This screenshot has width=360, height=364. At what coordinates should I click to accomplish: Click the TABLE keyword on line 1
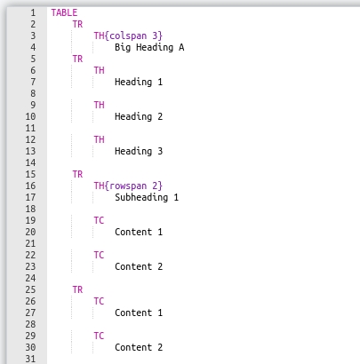64,12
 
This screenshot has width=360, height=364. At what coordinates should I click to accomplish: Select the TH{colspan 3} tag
128,36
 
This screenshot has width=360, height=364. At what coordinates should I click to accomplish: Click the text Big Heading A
149,47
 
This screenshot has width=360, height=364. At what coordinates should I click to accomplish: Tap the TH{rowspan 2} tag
128,186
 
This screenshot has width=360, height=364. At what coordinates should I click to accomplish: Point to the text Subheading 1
147,197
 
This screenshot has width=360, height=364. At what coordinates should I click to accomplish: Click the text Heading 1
139,82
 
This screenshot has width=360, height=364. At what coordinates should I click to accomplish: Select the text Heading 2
139,116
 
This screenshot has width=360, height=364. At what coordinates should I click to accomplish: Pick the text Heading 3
139,151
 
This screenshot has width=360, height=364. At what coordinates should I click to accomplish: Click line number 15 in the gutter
30,174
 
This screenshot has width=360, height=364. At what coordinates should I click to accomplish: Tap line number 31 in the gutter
30,359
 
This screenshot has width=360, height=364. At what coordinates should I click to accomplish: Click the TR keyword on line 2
77,24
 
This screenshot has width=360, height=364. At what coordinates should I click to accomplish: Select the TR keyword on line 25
77,289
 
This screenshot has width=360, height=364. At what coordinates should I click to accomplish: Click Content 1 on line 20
139,232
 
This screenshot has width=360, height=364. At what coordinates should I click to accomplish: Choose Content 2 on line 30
139,347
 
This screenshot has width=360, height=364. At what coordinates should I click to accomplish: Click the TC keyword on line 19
99,220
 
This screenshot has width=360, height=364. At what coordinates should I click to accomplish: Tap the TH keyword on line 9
99,105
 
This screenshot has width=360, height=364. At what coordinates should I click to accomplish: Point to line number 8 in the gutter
33,93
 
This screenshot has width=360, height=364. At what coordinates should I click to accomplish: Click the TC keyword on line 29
99,336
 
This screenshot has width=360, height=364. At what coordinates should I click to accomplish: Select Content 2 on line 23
139,266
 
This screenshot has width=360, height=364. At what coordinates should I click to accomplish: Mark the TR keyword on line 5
77,59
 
